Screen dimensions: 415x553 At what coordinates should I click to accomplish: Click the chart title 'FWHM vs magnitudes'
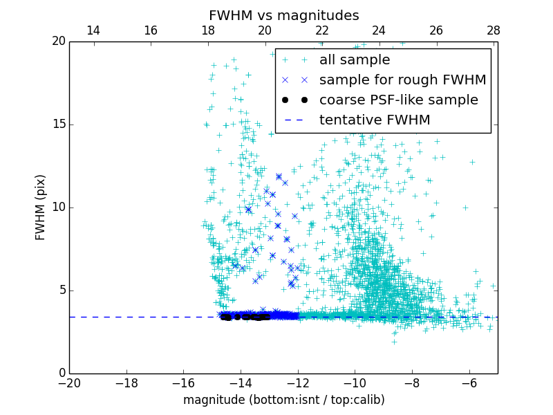[x=283, y=15]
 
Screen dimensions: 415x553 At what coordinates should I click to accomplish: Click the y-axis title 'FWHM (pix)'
[x=41, y=207]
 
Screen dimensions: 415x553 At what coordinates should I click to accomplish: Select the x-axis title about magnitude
[x=283, y=400]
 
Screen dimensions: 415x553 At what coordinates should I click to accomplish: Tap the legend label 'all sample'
[x=355, y=60]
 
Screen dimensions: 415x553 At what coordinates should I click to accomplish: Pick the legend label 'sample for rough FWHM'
[x=402, y=80]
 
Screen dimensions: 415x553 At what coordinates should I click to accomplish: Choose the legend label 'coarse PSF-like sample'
[x=398, y=100]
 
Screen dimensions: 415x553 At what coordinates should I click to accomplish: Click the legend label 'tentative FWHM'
[x=375, y=120]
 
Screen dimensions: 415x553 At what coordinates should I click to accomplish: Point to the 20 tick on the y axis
[x=57, y=41]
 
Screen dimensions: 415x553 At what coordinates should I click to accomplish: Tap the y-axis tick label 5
[x=61, y=290]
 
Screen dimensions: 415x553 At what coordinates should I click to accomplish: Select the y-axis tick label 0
[x=61, y=373]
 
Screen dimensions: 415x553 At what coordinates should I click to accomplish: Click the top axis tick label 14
[x=93, y=30]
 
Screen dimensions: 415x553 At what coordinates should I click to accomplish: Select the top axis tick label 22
[x=322, y=30]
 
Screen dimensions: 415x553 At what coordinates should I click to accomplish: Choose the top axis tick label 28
[x=494, y=30]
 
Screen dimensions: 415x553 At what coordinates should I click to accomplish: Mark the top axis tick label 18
[x=207, y=30]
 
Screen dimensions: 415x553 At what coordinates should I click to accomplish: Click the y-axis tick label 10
[x=57, y=207]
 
